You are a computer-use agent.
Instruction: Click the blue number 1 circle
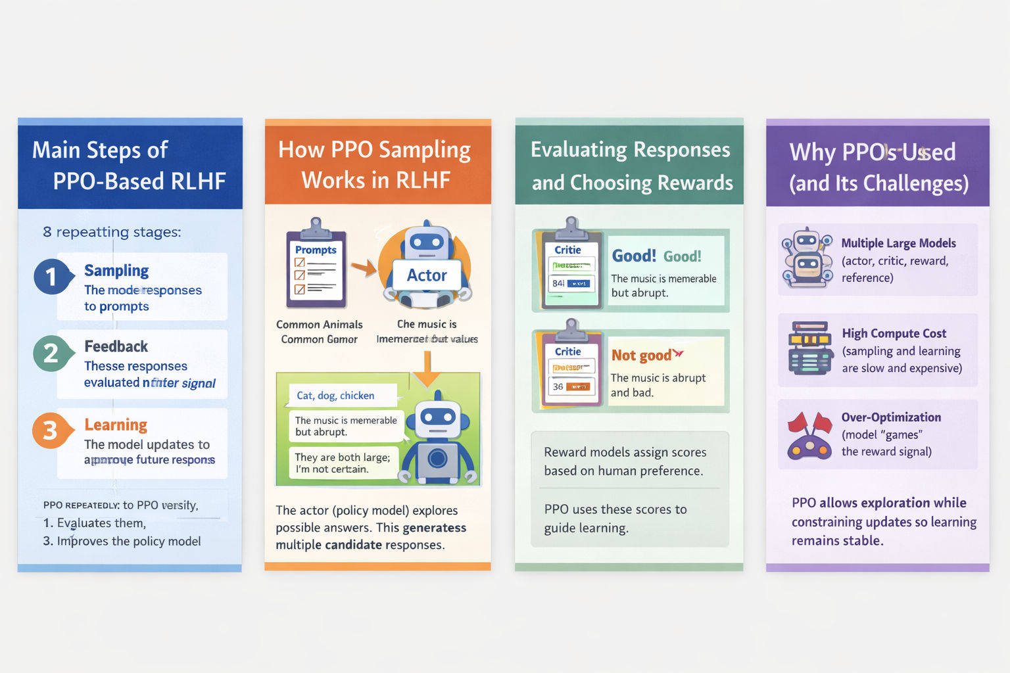coord(51,277)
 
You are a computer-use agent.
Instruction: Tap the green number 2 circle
coord(51,354)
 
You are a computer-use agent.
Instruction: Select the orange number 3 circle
coord(50,430)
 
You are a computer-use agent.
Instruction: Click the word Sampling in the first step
coord(116,271)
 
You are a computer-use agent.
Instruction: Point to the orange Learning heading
coord(116,425)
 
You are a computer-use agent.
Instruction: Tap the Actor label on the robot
coord(427,275)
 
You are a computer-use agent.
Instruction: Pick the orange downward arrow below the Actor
coord(427,369)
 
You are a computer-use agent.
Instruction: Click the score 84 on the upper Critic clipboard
coord(558,283)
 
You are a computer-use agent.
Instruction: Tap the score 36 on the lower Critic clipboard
coord(558,386)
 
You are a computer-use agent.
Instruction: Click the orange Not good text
coord(642,356)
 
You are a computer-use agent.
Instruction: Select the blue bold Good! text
coord(634,256)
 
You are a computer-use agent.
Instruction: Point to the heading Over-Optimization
coord(891,417)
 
